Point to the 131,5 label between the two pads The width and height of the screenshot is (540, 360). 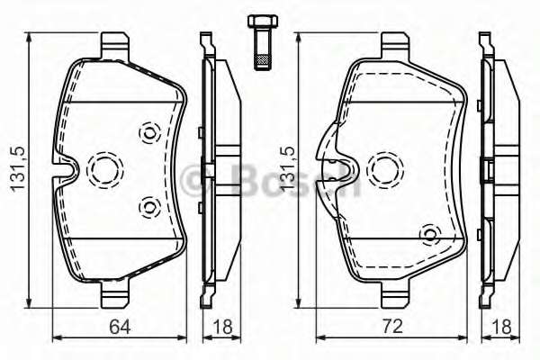[287, 169]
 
